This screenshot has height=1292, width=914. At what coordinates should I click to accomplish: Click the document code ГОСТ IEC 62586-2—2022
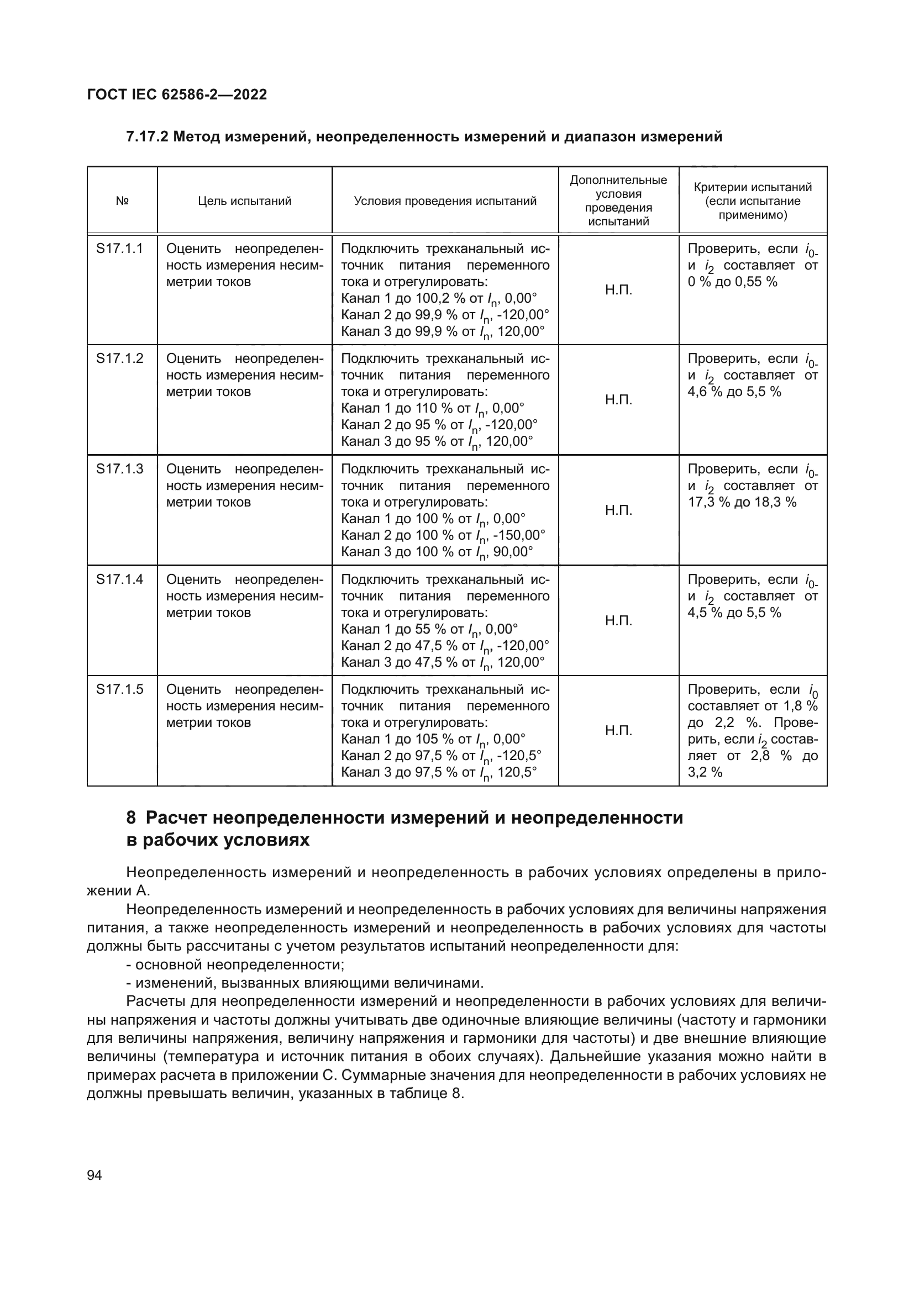coord(177,94)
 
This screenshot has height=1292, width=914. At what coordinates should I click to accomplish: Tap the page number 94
coord(94,1175)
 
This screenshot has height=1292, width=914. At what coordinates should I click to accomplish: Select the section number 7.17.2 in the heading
coord(148,137)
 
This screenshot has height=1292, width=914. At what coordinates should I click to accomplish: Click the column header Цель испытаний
coord(244,201)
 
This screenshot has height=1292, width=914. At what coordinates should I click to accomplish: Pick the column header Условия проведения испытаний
coord(445,201)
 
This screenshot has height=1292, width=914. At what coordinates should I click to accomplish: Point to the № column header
coord(122,201)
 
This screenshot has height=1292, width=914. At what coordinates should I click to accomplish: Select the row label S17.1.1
coord(119,249)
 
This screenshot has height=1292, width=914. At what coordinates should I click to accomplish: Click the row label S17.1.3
coord(119,470)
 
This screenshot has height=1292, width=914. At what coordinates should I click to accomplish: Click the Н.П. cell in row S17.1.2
coord(618,400)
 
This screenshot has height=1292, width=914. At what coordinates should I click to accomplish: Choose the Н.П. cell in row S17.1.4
coord(618,621)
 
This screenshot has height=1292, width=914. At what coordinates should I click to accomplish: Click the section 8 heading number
coord(131,818)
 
